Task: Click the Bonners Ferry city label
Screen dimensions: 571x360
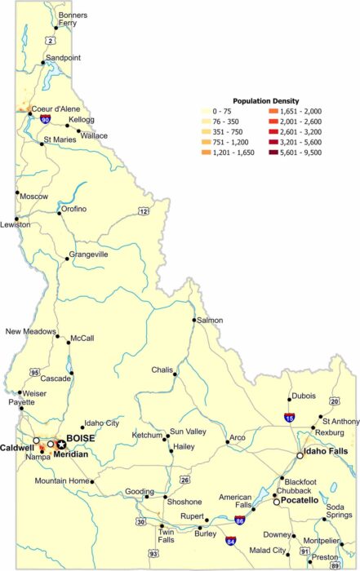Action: click(73, 19)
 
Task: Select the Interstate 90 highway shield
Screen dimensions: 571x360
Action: click(45, 119)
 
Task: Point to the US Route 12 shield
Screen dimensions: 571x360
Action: click(144, 211)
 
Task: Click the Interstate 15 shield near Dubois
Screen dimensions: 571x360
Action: click(290, 417)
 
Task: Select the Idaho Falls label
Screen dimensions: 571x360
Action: click(327, 451)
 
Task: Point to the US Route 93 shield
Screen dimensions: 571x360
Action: click(153, 554)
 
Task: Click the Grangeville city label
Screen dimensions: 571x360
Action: click(89, 255)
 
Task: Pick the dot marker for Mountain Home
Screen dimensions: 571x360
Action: click(92, 481)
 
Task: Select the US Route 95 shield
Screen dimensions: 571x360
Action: click(34, 373)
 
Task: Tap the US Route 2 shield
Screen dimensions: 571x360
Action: click(51, 39)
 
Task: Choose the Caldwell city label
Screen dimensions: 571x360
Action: click(16, 448)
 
